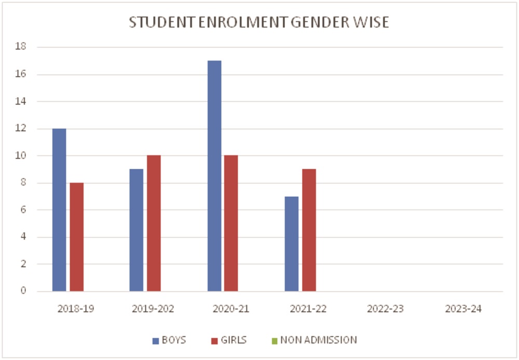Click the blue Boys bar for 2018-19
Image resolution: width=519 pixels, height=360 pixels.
coord(59,210)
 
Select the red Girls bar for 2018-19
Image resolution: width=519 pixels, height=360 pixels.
coord(77,237)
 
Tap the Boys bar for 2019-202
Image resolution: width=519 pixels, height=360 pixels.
coord(136,230)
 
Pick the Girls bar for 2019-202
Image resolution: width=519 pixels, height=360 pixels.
coord(154,223)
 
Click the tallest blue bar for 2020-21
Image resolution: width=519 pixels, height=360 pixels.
coord(214,176)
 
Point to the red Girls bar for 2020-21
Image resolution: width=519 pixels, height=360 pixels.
coord(231,223)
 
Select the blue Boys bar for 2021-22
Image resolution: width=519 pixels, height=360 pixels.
coord(292,244)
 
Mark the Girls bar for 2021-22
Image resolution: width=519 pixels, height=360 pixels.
coord(309,230)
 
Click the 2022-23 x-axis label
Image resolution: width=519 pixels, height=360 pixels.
coord(385,309)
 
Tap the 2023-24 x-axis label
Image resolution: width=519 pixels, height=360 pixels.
coord(463,309)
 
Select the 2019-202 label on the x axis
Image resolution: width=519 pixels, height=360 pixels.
coord(153,309)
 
